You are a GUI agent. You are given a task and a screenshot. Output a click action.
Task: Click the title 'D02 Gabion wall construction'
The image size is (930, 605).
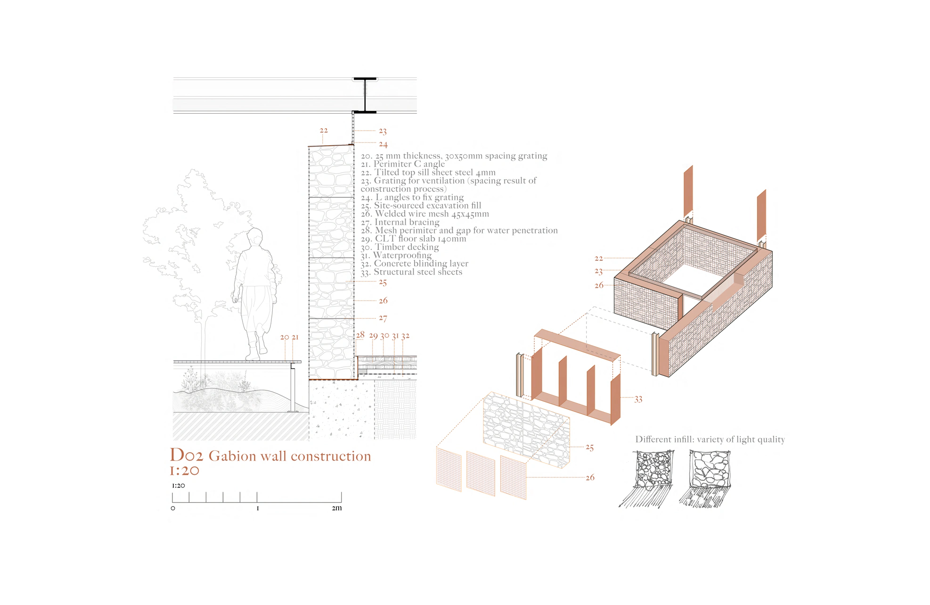click(270, 456)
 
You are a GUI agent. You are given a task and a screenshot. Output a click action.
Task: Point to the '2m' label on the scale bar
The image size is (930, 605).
click(336, 508)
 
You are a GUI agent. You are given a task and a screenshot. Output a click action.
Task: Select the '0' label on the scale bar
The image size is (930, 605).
click(173, 508)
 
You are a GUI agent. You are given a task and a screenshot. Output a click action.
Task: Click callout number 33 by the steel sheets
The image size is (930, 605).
click(638, 399)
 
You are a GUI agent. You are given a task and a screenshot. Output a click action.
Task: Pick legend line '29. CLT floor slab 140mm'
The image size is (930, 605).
click(414, 239)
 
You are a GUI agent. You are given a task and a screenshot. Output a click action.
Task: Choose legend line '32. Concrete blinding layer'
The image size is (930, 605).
click(415, 264)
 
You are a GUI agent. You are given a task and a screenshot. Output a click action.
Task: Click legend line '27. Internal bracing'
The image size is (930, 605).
click(400, 222)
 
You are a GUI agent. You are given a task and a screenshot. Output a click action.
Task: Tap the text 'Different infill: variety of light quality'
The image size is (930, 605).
click(710, 439)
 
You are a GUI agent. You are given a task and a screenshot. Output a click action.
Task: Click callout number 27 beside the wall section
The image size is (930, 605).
click(383, 318)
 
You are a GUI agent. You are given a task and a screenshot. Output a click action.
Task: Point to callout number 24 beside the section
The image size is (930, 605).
click(383, 144)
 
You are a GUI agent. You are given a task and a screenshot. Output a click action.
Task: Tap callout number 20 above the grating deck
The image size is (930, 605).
click(285, 337)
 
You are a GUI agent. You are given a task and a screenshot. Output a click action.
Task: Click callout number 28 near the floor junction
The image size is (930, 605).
click(360, 335)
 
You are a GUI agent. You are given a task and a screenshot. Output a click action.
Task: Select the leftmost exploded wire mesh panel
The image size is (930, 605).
click(449, 470)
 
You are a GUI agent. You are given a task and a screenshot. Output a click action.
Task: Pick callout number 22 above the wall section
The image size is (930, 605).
click(324, 131)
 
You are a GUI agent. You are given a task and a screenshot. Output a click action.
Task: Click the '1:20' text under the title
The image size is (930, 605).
click(185, 471)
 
